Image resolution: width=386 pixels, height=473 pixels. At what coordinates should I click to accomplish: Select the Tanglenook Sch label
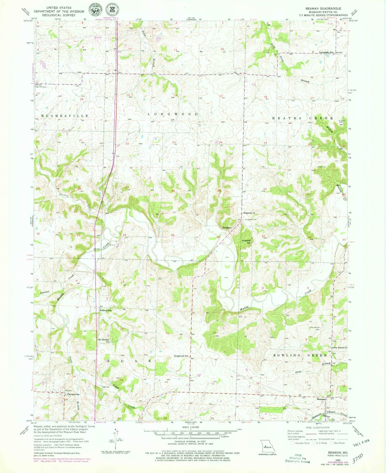coord(182,356)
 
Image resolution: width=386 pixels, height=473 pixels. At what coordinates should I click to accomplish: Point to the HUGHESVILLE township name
coord(65,116)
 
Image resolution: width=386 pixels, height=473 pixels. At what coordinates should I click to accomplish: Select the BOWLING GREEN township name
coord(300,355)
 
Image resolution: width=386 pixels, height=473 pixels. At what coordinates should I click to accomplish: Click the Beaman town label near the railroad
coord(321,399)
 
